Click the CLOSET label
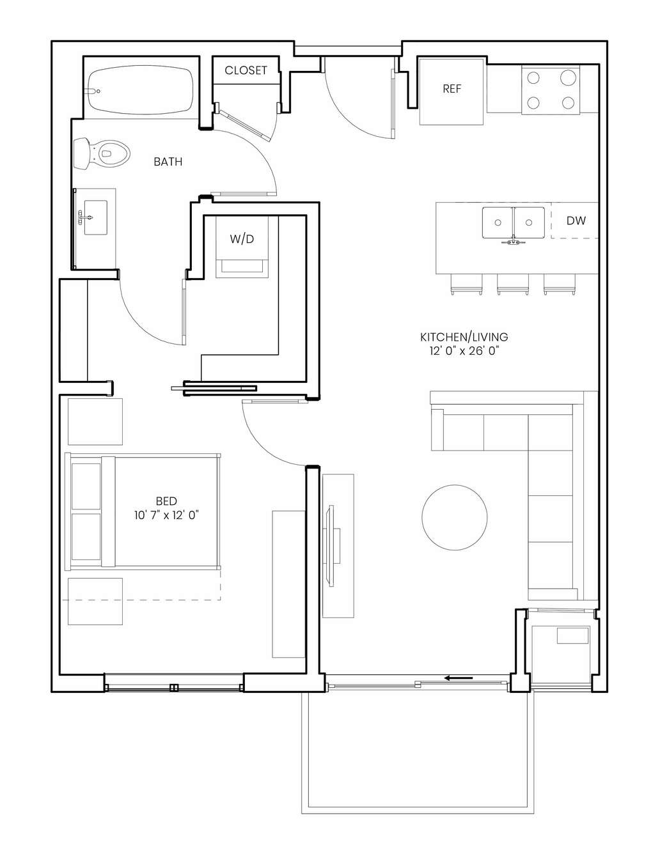point(246,70)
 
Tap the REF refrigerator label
point(452,89)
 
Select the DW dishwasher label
point(576,221)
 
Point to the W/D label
point(242,238)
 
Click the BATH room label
point(168,162)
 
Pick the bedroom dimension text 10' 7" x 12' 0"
point(166,515)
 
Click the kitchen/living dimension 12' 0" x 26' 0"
point(464,350)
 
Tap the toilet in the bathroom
point(102,153)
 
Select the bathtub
point(140,90)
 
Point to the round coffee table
point(455,517)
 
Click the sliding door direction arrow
point(459,678)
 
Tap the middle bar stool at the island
point(513,284)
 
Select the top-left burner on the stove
point(533,78)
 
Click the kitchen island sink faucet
point(513,241)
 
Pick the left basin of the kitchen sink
point(498,222)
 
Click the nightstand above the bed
point(95,422)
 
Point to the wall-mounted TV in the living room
point(332,545)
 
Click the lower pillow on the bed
point(86,536)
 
